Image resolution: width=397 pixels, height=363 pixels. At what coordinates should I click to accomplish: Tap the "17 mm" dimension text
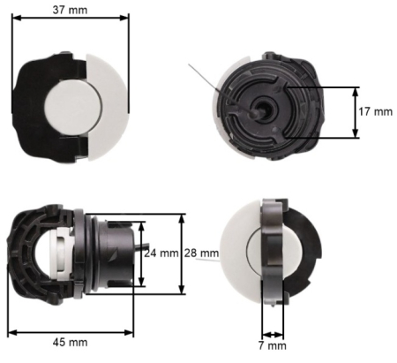pyautogui.click(x=375, y=112)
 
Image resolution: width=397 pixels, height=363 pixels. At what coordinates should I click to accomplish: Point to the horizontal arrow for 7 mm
pyautogui.click(x=274, y=334)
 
